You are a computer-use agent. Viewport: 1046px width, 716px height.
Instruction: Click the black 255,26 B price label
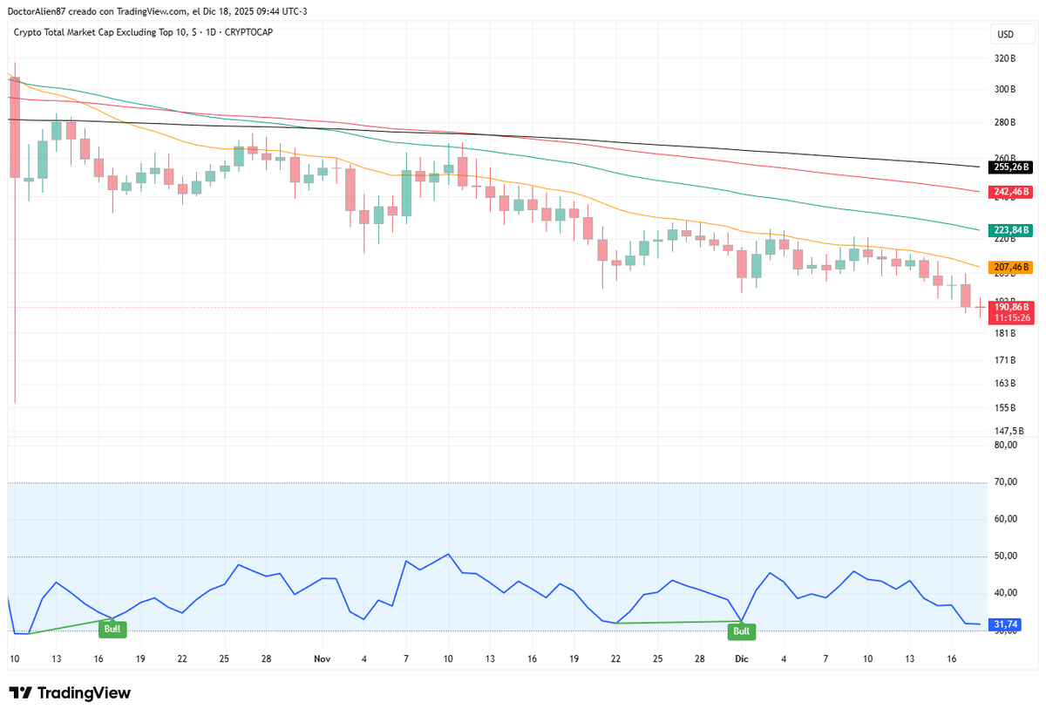(1011, 167)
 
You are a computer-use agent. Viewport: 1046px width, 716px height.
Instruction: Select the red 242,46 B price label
(1011, 191)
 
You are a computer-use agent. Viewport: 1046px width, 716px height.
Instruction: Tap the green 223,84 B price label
(1011, 230)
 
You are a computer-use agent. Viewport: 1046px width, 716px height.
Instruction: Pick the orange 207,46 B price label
(1011, 267)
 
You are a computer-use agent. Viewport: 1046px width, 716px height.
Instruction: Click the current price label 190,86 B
(1011, 307)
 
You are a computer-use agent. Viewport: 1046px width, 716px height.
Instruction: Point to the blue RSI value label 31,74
(1011, 624)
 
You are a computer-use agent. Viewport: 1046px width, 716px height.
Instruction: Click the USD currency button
(1005, 35)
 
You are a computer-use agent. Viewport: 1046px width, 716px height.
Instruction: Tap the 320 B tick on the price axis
(1005, 59)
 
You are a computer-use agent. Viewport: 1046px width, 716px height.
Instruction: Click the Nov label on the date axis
(322, 660)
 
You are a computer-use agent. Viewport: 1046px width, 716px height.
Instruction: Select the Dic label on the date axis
(742, 660)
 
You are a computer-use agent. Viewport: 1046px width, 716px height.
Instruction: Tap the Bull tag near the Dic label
(742, 631)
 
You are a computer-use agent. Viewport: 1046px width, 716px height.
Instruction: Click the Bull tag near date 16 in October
(112, 629)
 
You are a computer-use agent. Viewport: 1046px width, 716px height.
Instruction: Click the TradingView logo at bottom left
(71, 693)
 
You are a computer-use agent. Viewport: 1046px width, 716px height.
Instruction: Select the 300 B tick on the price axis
(1005, 90)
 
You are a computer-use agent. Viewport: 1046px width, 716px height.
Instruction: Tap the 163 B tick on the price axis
(1005, 384)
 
